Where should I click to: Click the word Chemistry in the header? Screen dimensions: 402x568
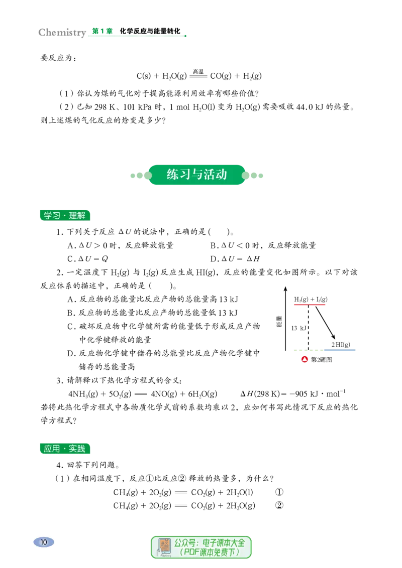coord(62,33)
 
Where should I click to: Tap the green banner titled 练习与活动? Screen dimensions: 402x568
coord(196,175)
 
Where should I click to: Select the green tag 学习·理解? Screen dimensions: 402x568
coord(65,216)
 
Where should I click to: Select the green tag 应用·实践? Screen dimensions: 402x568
coord(65,449)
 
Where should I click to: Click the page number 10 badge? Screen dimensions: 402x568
coord(44,542)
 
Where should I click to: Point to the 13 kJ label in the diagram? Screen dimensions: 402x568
coord(298,328)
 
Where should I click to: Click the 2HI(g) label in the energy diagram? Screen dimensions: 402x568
coord(341,345)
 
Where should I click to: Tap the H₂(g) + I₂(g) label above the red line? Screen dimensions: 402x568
coord(311,299)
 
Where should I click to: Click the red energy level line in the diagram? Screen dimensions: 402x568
coord(310,305)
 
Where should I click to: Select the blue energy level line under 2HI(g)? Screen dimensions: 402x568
coord(343,350)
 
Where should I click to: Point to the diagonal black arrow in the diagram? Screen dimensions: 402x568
coord(325,323)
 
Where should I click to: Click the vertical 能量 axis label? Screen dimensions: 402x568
coord(279,321)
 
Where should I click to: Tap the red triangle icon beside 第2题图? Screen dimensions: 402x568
coord(305,359)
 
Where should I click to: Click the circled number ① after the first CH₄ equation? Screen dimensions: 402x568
coord(279,492)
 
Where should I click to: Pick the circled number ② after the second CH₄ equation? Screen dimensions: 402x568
coord(279,505)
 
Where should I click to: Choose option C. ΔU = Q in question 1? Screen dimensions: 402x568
coord(87,258)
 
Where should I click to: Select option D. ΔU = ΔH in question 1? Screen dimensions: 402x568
coord(235,258)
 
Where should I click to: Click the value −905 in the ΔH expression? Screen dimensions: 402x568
coord(298,394)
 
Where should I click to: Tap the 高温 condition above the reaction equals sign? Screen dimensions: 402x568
coord(198,72)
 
